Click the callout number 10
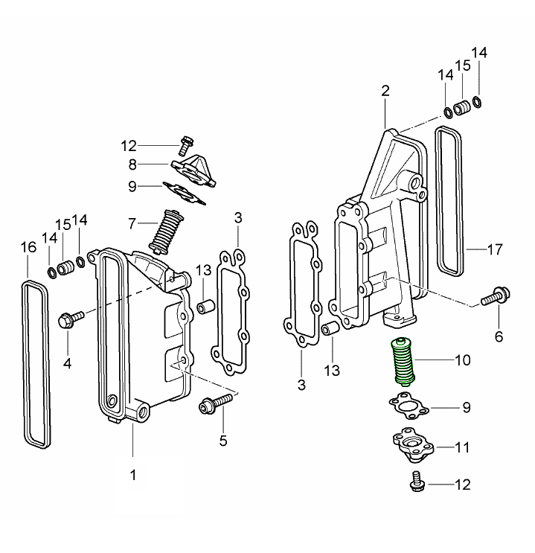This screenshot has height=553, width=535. tap(462, 360)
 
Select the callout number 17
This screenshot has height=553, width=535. tap(494, 249)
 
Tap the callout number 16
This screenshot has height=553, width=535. tap(28, 247)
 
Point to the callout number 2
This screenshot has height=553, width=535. tap(385, 92)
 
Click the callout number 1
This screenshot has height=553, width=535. tap(133, 474)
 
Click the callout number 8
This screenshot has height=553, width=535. tap(132, 164)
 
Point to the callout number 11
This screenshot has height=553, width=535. tap(462, 447)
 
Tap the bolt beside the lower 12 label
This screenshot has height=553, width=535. tap(415, 482)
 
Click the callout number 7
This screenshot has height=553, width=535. tap(132, 223)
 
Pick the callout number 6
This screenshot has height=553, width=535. tap(498, 336)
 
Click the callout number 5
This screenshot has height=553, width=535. tap(222, 441)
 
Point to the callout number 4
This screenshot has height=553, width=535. tap(67, 363)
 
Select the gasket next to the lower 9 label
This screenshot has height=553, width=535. tap(409, 407)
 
